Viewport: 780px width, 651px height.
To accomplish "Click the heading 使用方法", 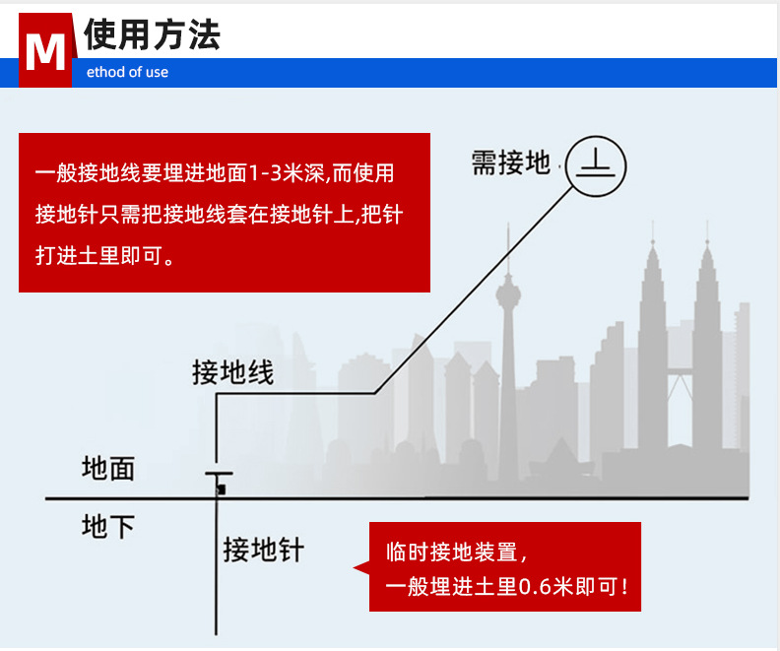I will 152,34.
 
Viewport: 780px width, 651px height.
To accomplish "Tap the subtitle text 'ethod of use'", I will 127,72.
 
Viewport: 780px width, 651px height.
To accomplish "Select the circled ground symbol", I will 596,164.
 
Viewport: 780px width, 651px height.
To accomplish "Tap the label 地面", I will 107,469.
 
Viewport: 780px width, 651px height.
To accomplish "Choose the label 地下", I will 107,528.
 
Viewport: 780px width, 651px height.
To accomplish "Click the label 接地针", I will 263,549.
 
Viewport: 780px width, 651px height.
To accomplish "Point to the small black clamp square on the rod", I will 222,488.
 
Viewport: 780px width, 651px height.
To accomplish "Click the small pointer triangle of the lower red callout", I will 360,566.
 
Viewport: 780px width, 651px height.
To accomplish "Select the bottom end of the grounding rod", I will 217,630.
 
